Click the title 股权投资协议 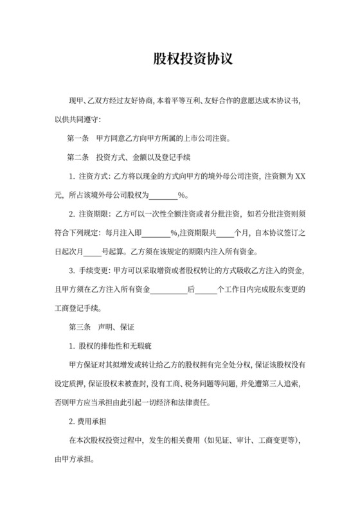click(x=192, y=60)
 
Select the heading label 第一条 click(x=79, y=138)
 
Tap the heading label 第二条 click(x=79, y=156)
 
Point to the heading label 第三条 click(x=79, y=326)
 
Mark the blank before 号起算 click(x=93, y=251)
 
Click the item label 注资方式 click(x=94, y=175)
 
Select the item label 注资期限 click(x=94, y=213)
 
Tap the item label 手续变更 click(x=94, y=270)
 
